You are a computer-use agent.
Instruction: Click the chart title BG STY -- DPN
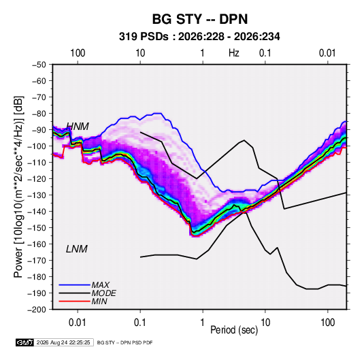[200, 19]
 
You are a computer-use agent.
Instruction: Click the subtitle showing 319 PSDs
[199, 37]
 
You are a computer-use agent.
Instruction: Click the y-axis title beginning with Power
[18, 187]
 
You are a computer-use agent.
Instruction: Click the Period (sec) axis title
[234, 330]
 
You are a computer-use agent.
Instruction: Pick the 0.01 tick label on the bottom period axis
[78, 323]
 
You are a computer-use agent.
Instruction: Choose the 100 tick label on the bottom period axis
[327, 323]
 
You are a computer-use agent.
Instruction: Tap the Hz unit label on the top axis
[234, 53]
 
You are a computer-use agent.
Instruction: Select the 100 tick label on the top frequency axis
[78, 53]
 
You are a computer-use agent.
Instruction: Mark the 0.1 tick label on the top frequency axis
[265, 53]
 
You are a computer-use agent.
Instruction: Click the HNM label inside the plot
[78, 127]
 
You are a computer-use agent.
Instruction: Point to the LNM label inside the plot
[77, 249]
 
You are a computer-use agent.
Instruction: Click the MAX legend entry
[101, 285]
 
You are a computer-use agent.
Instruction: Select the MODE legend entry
[104, 293]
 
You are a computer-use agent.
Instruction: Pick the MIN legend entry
[99, 301]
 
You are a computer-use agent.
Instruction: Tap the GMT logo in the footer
[25, 342]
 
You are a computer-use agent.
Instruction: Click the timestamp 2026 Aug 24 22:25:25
[63, 342]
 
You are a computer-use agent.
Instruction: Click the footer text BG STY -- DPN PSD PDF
[125, 342]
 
